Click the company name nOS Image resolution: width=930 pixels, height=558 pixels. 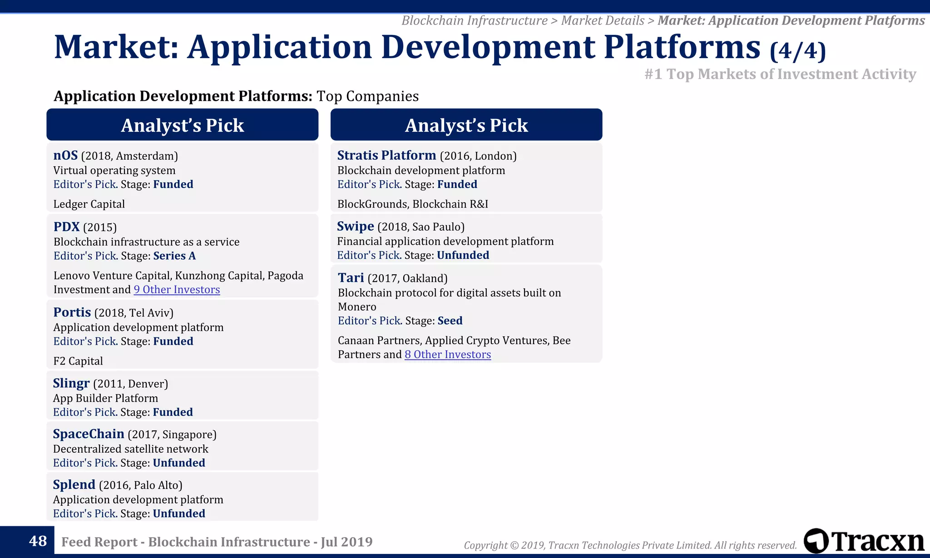click(x=65, y=155)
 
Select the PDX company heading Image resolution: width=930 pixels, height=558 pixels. click(x=66, y=227)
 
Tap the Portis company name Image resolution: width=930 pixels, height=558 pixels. click(x=72, y=312)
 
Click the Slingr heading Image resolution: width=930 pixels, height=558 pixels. click(x=71, y=383)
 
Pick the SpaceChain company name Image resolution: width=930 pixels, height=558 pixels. click(x=88, y=434)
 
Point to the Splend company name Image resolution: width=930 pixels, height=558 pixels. click(x=74, y=484)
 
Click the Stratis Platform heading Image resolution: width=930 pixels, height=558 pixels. click(x=386, y=155)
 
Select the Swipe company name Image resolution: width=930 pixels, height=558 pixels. click(x=355, y=226)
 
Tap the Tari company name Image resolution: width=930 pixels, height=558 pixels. click(x=351, y=277)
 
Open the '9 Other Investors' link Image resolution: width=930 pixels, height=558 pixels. click(x=177, y=290)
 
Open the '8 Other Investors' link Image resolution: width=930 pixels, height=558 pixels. click(x=447, y=355)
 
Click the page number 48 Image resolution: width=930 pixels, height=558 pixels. click(x=38, y=541)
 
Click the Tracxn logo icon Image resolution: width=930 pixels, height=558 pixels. click(x=816, y=541)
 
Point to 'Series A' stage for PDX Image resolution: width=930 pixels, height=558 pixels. click(x=174, y=256)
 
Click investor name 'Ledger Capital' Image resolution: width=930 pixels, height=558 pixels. click(x=89, y=204)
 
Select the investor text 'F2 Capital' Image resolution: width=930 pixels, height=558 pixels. click(x=78, y=361)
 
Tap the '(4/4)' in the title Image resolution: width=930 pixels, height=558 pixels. click(x=797, y=51)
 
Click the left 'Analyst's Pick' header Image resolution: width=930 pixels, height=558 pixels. click(x=182, y=125)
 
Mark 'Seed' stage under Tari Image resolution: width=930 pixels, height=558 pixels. click(x=450, y=321)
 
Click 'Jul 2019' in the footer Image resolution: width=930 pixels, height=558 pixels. click(x=346, y=542)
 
